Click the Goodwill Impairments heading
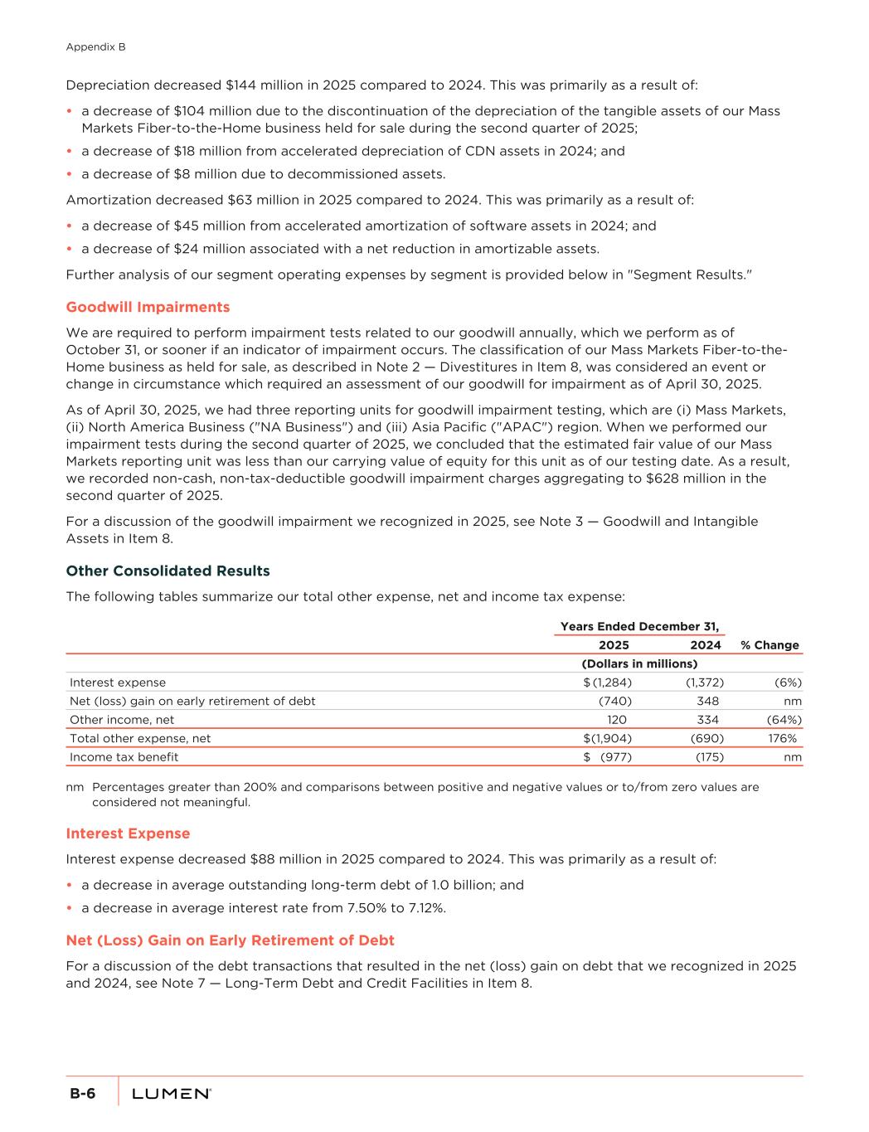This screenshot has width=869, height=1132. [148, 307]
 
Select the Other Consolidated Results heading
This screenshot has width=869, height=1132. [167, 571]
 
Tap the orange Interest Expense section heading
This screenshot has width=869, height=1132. [128, 833]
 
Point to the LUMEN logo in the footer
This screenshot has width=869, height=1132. [172, 1094]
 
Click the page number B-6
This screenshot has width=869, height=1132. [82, 1094]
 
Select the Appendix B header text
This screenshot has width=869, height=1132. [95, 47]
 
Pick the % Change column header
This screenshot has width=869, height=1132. [769, 645]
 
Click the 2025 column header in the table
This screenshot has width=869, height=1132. [614, 645]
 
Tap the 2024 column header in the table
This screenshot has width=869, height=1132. [706, 645]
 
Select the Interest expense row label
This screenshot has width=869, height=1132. [118, 683]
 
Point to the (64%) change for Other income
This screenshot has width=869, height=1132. [784, 720]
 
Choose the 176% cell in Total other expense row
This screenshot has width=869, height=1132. [783, 738]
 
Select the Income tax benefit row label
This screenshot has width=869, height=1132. [124, 757]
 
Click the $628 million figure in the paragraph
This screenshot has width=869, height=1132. [638, 479]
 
